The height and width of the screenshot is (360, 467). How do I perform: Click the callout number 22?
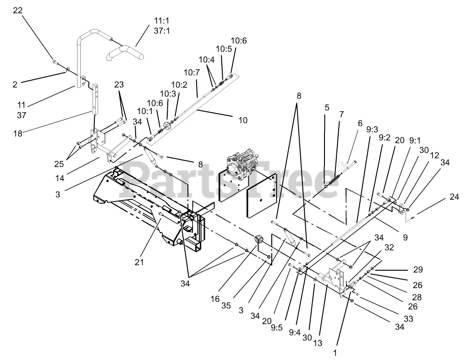tap(17, 10)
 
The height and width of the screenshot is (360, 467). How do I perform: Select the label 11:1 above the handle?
tap(161, 21)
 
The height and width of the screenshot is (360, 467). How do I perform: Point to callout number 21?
tap(139, 262)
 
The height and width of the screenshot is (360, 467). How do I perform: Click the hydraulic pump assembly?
tap(245, 164)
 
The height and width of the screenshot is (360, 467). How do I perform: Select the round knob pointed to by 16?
tap(260, 240)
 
